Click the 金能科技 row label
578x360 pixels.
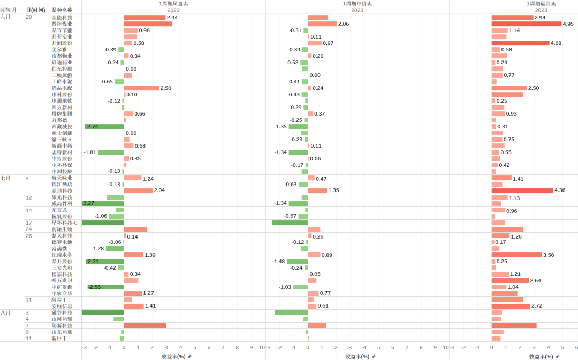pos(62,18)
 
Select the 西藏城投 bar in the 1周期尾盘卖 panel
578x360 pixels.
pos(104,127)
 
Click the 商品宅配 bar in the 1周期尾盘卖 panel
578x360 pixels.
pos(141,88)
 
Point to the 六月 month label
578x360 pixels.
pos(5,17)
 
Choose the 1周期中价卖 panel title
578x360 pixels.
pos(358,4)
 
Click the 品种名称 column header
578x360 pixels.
pos(62,10)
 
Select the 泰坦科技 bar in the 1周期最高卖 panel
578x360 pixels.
pos(522,191)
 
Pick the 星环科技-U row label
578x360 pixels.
pos(65,223)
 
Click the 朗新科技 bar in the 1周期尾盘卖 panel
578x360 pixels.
pos(144,326)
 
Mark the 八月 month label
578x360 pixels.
pos(5,313)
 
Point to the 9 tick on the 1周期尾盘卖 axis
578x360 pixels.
pos(251,348)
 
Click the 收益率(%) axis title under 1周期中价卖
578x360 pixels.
pos(357,356)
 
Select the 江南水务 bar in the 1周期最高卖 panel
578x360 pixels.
pos(517,255)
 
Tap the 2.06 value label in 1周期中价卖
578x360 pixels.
pos(344,24)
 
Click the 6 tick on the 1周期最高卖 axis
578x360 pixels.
pos(576,348)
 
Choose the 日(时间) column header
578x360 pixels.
pos(35,10)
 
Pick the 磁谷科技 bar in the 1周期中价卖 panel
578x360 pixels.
pos(291,313)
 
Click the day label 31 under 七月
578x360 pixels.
pos(29,300)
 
